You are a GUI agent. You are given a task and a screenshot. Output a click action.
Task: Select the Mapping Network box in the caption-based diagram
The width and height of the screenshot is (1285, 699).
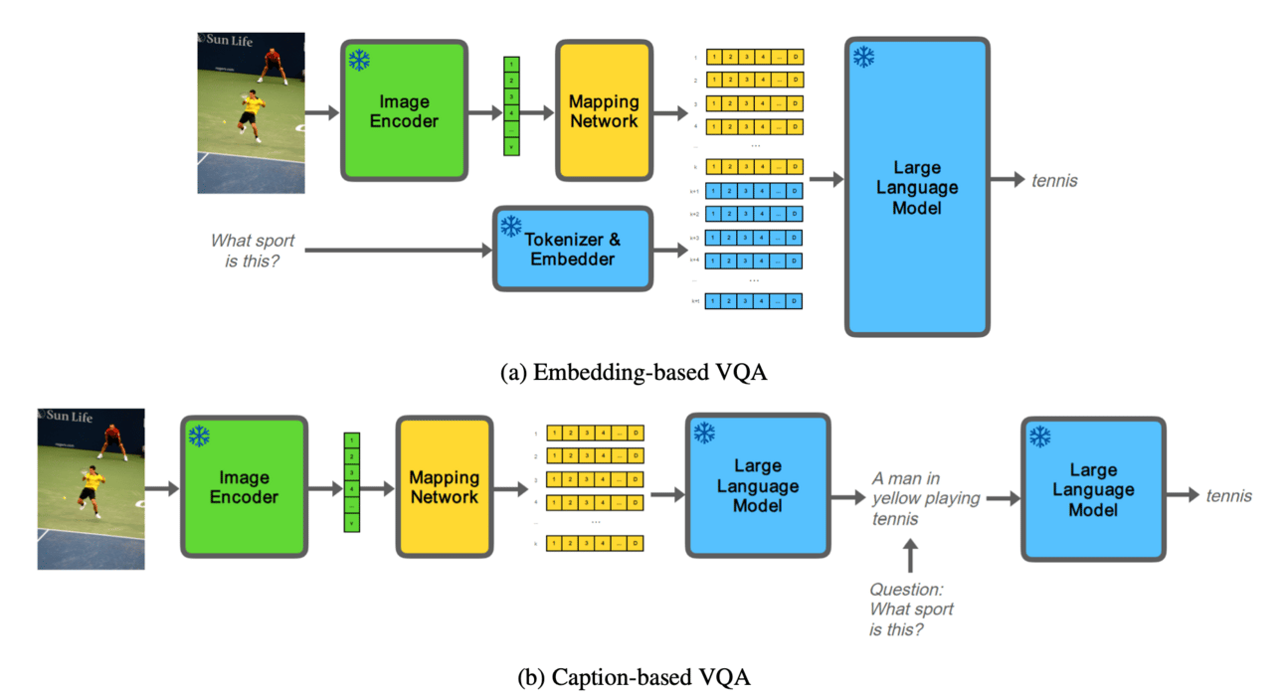coord(444,486)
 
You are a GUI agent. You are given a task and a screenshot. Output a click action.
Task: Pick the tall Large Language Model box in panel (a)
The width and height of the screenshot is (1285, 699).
coord(917,188)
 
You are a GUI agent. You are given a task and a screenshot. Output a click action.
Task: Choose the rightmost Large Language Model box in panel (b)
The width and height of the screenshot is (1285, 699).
coord(1093,488)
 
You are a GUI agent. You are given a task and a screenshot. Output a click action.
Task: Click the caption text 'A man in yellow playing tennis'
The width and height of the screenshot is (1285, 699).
coord(925,497)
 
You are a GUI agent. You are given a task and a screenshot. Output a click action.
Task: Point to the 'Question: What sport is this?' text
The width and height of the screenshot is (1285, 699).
coord(912,610)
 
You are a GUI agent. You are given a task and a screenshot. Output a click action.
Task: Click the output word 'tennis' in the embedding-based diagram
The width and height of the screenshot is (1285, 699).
coord(1053,181)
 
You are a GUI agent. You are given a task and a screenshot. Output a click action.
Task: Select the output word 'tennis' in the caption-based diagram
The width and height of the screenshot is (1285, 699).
coord(1228,495)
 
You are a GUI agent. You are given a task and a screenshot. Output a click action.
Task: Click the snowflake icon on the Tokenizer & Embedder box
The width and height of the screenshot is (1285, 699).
coord(511,226)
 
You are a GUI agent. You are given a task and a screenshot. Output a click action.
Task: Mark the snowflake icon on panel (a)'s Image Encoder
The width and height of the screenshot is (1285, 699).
coord(359,60)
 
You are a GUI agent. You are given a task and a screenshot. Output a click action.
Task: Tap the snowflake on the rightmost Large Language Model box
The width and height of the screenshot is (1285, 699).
coord(1040,437)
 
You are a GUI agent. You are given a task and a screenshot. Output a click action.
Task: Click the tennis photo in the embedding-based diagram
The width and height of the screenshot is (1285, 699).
coord(251,112)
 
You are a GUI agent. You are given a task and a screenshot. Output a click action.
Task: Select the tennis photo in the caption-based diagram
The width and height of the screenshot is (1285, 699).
coord(91,488)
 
